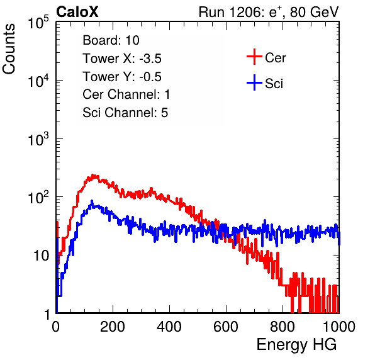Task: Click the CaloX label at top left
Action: (x=77, y=12)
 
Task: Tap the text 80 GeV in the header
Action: (x=314, y=12)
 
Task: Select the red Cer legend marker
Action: (x=254, y=57)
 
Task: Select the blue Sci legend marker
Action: (x=254, y=82)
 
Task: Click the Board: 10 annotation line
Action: (x=111, y=40)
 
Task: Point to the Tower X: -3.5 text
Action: (x=122, y=59)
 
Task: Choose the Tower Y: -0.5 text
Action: (x=122, y=77)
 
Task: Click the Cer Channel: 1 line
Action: (x=126, y=94)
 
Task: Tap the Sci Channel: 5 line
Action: (x=125, y=113)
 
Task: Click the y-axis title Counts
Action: (x=9, y=49)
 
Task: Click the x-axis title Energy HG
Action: (x=296, y=345)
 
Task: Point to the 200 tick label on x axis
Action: (x=113, y=327)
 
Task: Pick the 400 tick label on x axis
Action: (x=169, y=327)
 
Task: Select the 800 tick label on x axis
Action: (x=283, y=327)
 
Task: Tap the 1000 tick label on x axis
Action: (x=339, y=327)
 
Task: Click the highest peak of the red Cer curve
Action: (x=93, y=175)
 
